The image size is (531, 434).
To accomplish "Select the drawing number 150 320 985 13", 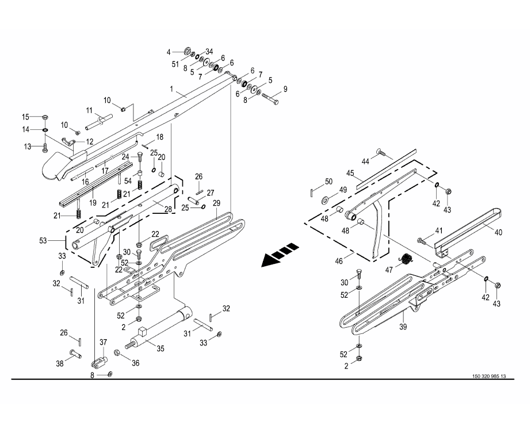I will [x=488, y=376].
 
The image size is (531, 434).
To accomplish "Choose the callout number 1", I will [x=171, y=89].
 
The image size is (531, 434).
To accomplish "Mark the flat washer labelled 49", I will [x=326, y=199].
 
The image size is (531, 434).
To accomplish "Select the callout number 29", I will [x=216, y=203].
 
